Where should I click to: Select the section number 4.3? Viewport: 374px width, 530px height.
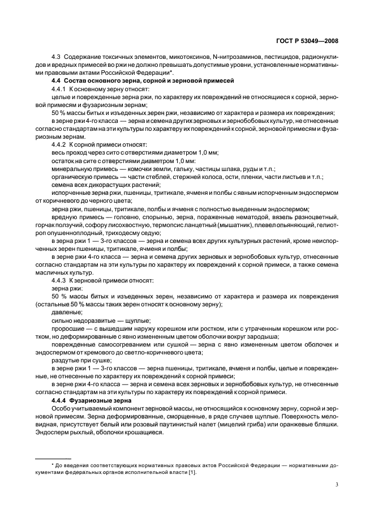coord(56,59)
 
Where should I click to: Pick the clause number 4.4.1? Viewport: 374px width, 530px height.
coord(59,90)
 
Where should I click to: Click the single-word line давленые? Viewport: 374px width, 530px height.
coord(63,311)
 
